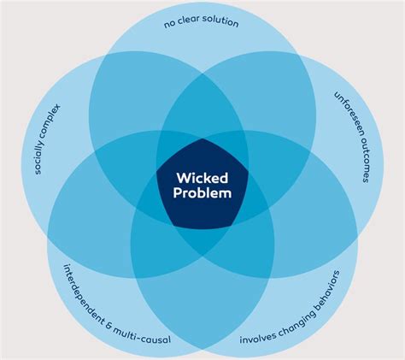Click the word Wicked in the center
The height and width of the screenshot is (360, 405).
[x=202, y=177]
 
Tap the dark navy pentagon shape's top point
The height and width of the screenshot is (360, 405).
[x=202, y=139]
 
